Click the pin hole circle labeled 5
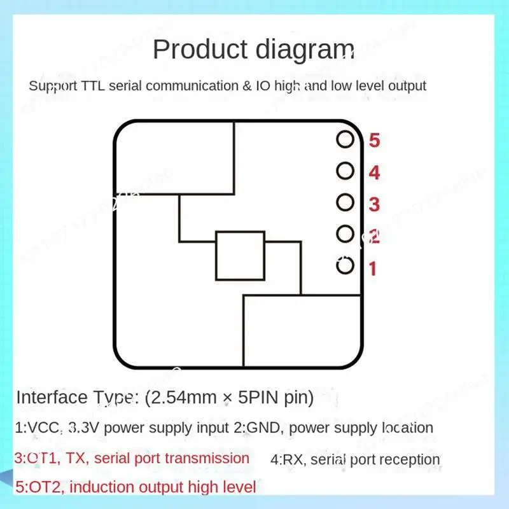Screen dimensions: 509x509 click(x=345, y=139)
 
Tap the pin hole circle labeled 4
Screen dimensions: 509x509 click(x=345, y=171)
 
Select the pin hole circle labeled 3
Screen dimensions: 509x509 click(x=345, y=202)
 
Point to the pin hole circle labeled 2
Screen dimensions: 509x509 click(x=345, y=234)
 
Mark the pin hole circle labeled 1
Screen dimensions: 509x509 click(x=345, y=265)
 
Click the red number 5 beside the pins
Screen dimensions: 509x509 click(x=374, y=141)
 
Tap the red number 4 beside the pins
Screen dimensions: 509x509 click(x=374, y=172)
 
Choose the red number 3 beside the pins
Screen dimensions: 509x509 click(x=374, y=204)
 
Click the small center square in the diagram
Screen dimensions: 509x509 click(x=240, y=256)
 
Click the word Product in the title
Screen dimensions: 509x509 click(x=195, y=49)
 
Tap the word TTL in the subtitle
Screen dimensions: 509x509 click(x=94, y=86)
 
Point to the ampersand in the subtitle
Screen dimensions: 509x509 click(x=246, y=86)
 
